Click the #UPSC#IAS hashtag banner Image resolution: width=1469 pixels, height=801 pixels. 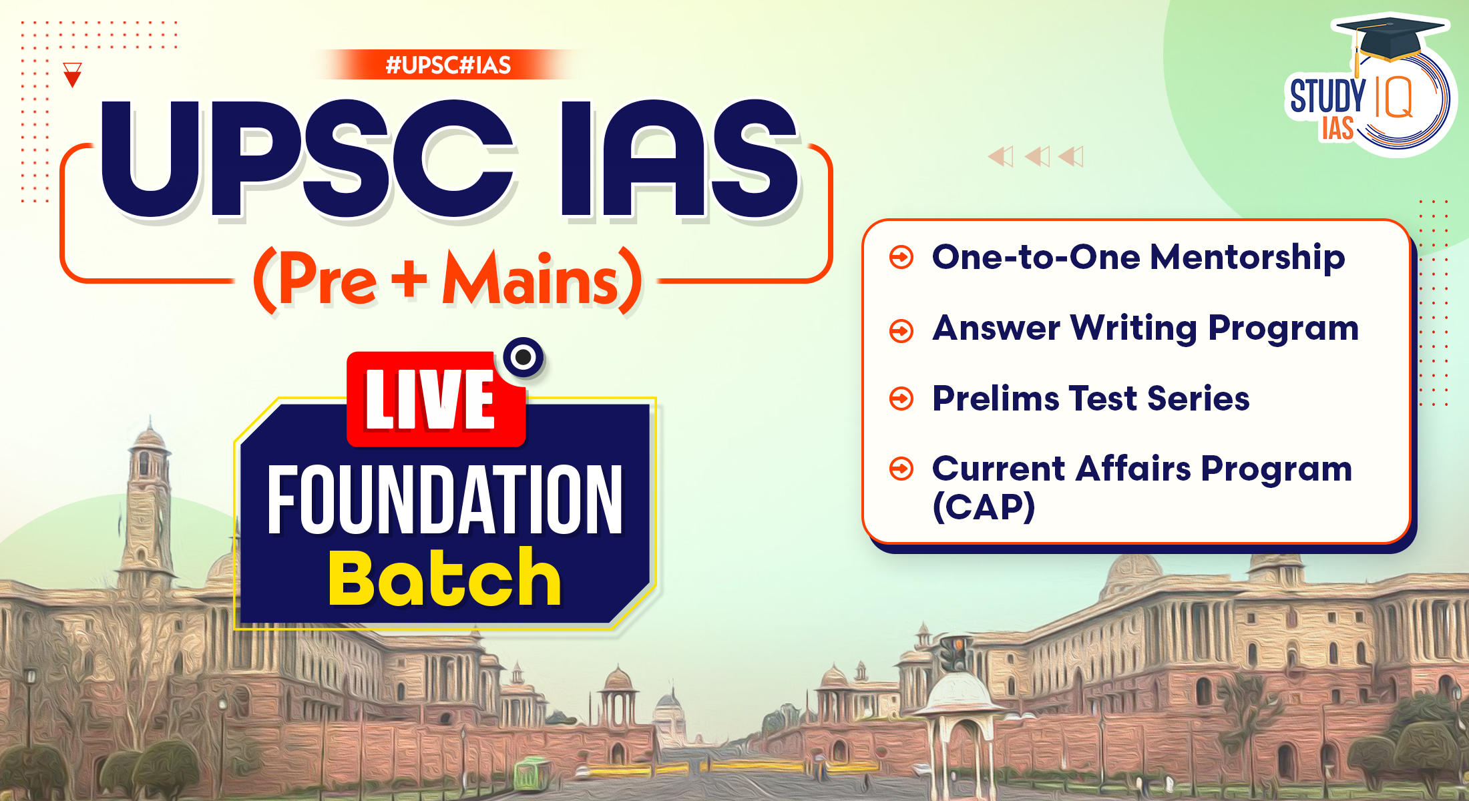click(448, 65)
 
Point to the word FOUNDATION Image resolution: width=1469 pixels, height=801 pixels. click(445, 501)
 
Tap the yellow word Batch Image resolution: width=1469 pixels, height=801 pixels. click(445, 578)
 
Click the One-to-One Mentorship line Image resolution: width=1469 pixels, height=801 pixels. click(1138, 258)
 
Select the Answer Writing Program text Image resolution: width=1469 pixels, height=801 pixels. click(1145, 328)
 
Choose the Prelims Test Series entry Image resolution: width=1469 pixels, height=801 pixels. click(1090, 398)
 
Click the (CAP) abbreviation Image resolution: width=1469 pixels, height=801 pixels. click(984, 507)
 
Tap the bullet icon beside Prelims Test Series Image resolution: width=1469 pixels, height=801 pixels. click(901, 398)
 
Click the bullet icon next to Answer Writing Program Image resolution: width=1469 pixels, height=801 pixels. click(901, 330)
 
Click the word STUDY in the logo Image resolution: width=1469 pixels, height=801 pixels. click(1327, 97)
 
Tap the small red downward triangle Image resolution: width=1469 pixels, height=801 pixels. click(72, 75)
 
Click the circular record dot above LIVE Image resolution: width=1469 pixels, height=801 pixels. click(523, 357)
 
